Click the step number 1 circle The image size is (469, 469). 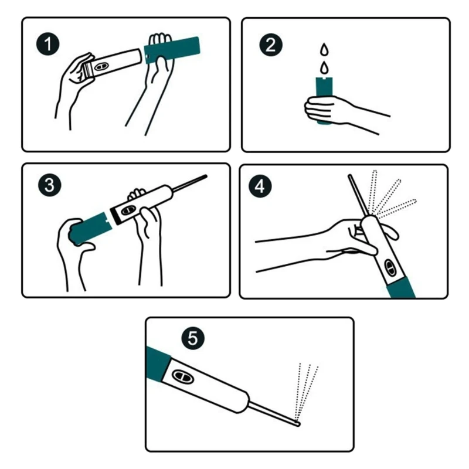pyautogui.click(x=48, y=44)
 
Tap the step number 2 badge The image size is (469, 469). pyautogui.click(x=271, y=45)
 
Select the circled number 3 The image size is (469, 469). pyautogui.click(x=50, y=185)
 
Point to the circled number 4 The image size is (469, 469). pyautogui.click(x=260, y=186)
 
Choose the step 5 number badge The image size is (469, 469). pyautogui.click(x=193, y=338)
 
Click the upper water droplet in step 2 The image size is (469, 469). pyautogui.click(x=324, y=50)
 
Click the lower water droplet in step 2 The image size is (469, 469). pyautogui.click(x=324, y=67)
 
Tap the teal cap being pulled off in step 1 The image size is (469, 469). pyautogui.click(x=172, y=50)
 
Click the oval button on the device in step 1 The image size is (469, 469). pyautogui.click(x=100, y=66)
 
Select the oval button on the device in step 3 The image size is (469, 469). pyautogui.click(x=128, y=210)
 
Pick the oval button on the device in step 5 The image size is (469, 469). pyautogui.click(x=183, y=376)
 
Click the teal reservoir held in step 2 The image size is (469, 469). pyautogui.click(x=324, y=100)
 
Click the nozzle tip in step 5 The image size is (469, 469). pyautogui.click(x=297, y=423)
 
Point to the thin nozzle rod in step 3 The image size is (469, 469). pyautogui.click(x=190, y=183)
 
